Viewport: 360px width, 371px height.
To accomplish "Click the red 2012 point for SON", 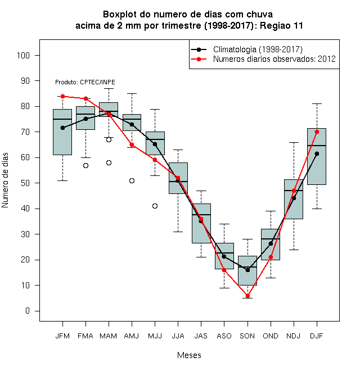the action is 247,296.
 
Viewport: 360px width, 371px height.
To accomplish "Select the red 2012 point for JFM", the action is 63,96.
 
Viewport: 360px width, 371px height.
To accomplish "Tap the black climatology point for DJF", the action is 317,154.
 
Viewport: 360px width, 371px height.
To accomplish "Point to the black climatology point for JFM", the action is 63,128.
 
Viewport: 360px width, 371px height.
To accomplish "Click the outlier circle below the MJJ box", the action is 155,206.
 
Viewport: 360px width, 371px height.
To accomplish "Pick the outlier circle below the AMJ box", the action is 132,181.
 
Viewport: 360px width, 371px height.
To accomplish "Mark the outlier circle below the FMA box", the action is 85,166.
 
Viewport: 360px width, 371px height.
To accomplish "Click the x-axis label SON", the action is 247,336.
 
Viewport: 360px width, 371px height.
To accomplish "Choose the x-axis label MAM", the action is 109,336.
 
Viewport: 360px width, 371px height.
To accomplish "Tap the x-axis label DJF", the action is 317,336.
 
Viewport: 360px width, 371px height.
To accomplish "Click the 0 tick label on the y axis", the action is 28,311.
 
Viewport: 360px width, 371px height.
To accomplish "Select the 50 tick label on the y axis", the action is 25,183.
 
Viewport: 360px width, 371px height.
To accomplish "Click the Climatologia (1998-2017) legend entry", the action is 247,49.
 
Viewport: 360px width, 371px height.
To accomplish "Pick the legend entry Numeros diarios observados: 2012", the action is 263,59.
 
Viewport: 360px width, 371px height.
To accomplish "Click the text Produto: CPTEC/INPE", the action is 85,82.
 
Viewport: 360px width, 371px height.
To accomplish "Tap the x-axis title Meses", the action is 189,355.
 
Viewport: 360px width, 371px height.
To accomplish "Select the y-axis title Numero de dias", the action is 5,180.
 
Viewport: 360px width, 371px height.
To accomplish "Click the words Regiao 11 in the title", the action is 282,25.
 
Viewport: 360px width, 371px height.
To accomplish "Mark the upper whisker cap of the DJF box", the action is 317,103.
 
